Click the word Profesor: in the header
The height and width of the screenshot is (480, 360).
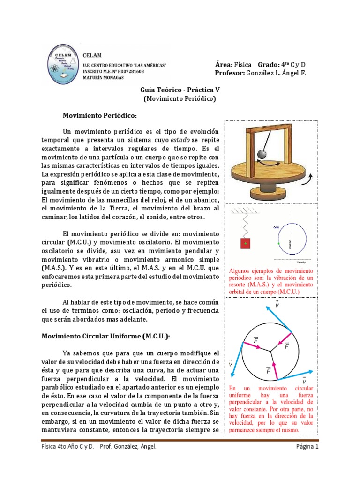[x=229, y=73]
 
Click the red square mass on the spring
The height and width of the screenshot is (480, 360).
[x=244, y=244]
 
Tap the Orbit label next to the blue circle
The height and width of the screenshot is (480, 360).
[x=276, y=227]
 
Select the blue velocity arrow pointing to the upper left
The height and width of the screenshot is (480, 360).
[x=279, y=318]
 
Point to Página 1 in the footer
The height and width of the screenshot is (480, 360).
[x=307, y=447]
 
